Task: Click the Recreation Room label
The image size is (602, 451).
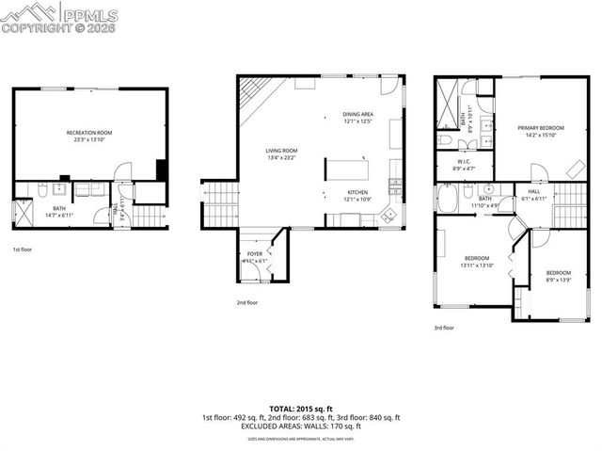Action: (x=89, y=137)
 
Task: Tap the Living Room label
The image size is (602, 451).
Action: (x=281, y=154)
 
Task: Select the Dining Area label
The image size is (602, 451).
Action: (x=357, y=118)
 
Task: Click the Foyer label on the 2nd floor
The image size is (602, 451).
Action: (x=255, y=257)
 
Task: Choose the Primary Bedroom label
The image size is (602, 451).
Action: (x=540, y=131)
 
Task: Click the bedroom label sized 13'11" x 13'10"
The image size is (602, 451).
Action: (x=477, y=262)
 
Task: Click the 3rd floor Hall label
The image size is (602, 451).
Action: (x=533, y=195)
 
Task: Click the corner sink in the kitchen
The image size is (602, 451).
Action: (x=388, y=215)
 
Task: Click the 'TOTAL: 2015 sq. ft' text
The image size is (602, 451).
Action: (x=300, y=408)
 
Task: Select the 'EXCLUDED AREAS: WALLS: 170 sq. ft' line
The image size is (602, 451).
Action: (x=300, y=425)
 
